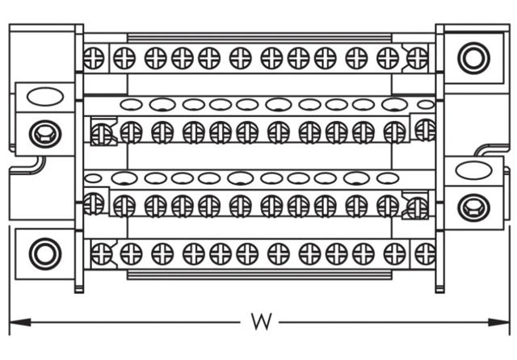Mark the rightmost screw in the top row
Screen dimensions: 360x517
click(417, 57)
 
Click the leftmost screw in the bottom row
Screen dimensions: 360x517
click(101, 254)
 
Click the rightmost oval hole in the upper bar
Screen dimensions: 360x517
click(426, 104)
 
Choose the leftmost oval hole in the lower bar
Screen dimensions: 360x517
click(94, 177)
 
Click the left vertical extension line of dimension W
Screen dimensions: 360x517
click(9, 283)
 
